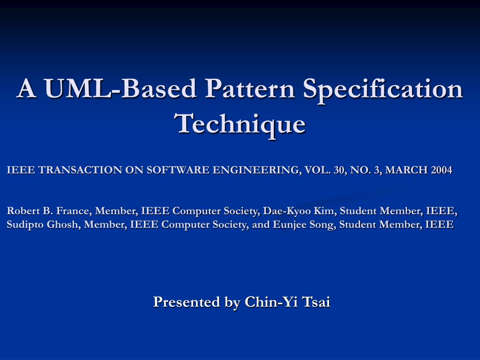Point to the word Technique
click(x=240, y=123)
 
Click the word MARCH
click(x=406, y=170)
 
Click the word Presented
click(x=187, y=302)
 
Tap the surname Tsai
click(x=316, y=302)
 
